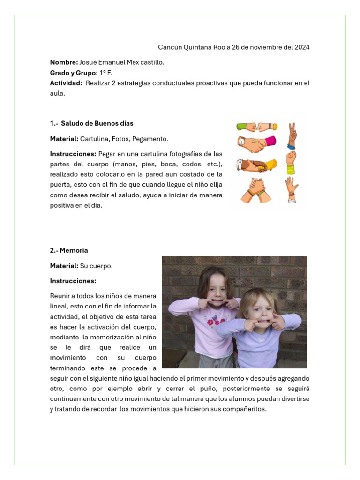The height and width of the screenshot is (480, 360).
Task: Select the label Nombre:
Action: pos(64,62)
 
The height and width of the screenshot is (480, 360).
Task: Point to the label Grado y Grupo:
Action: pos(74,73)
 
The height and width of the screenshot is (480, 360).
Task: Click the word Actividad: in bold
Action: pos(66,83)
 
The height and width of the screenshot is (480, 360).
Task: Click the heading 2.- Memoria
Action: pos(69,250)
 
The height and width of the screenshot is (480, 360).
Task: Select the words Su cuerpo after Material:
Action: pos(97,266)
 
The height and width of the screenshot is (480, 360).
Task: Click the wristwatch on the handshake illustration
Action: pos(242,141)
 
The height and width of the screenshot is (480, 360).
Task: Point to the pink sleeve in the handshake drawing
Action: pos(270,141)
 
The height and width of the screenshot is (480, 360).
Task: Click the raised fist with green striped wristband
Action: pos(291,162)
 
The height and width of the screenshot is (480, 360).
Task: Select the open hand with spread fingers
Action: pos(292,187)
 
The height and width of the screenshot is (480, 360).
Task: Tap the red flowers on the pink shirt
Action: pos(215,322)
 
